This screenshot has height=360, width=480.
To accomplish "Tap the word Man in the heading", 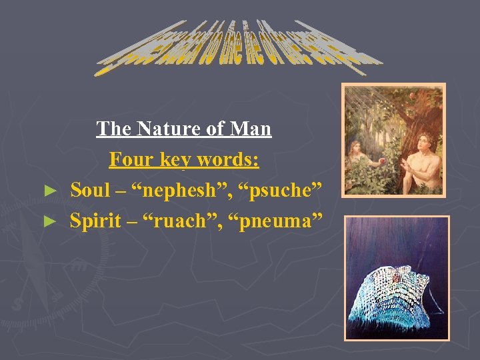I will [253, 129].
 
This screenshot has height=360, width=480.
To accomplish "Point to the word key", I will [175, 161].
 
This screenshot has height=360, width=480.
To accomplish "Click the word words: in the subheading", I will [229, 161].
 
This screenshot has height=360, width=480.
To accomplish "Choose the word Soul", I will [90, 190].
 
